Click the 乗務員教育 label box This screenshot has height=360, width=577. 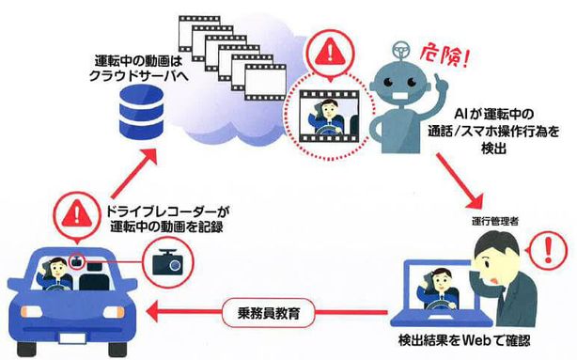[x=261, y=311]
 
